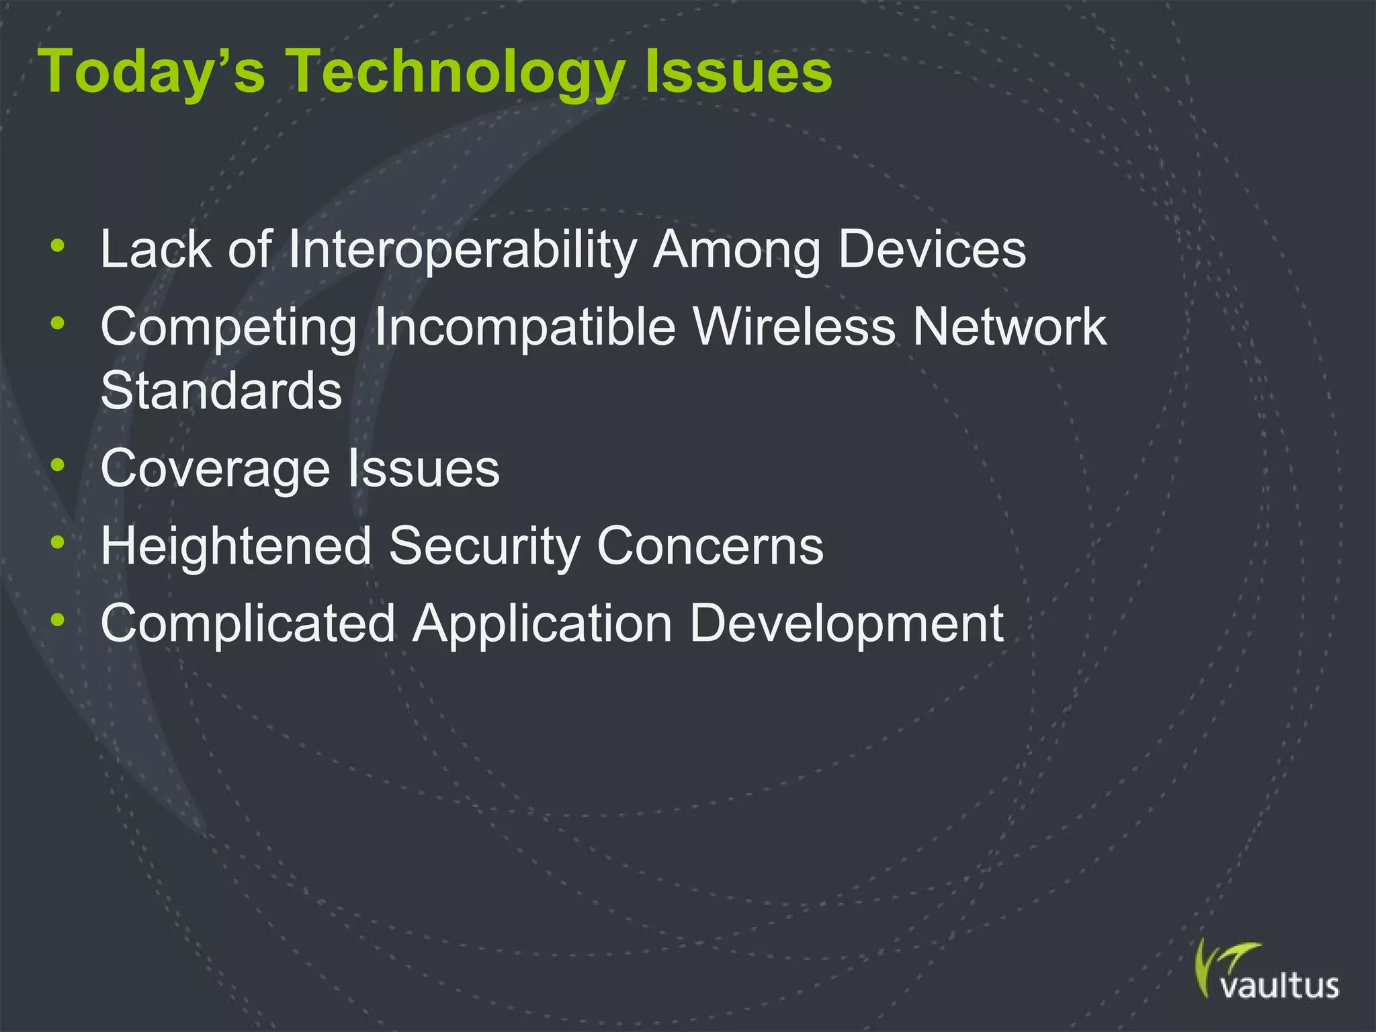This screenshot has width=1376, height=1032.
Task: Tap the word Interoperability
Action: pos(463,250)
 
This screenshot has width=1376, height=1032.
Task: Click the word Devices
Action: pos(932,250)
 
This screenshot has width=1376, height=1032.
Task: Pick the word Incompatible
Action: pos(525,327)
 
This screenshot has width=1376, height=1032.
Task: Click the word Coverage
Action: pos(215,469)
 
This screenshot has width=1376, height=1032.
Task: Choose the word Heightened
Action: pos(236,546)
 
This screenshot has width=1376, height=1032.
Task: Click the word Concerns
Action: pos(710,546)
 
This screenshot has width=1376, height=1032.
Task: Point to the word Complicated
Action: pos(247,624)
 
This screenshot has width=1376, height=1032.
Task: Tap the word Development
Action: pos(847,624)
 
